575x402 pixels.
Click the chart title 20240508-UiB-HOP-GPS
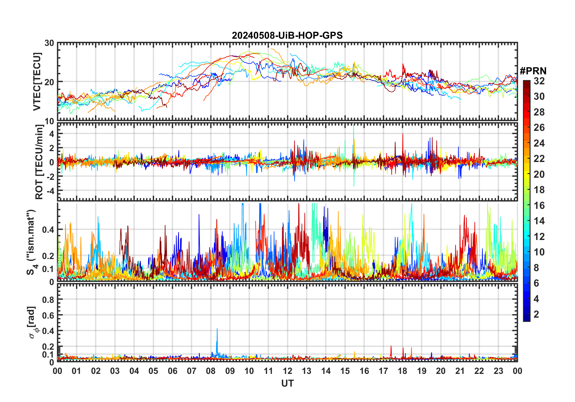pyautogui.click(x=287, y=35)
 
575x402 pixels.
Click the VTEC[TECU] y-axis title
pyautogui.click(x=37, y=82)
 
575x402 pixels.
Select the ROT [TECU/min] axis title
pyautogui.click(x=39, y=162)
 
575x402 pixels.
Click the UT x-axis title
pyautogui.click(x=287, y=383)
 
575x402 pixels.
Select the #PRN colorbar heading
pyautogui.click(x=533, y=71)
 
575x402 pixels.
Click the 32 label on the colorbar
pyautogui.click(x=539, y=81)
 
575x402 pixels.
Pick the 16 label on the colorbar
pyautogui.click(x=539, y=206)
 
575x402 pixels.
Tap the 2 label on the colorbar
pyautogui.click(x=536, y=314)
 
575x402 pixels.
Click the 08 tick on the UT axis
pyautogui.click(x=211, y=371)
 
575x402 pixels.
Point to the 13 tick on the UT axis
pyautogui.click(x=307, y=371)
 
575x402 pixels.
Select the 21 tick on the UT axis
pyautogui.click(x=460, y=371)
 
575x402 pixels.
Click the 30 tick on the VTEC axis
pyautogui.click(x=49, y=43)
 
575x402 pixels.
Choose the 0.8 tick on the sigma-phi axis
pyautogui.click(x=48, y=300)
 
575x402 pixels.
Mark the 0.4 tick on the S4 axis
pyautogui.click(x=48, y=229)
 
